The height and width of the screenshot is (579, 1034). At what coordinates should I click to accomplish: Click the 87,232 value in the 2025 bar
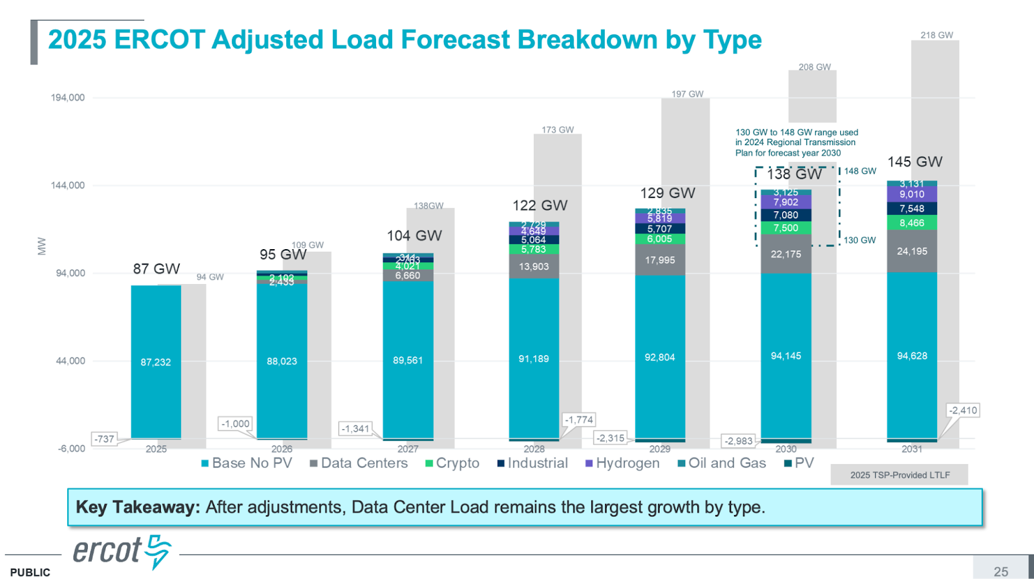156,362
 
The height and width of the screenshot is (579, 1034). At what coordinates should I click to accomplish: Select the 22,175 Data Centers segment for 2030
786,254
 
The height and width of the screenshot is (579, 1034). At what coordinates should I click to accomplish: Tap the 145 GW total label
914,162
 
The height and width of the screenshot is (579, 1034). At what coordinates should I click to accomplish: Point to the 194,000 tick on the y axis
68,97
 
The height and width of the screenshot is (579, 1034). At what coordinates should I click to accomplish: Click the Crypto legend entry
452,463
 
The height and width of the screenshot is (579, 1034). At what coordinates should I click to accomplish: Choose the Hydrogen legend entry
622,463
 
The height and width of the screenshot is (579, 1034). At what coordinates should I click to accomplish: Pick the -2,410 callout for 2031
963,411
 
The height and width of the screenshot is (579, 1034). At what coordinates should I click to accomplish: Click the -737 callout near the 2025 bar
104,439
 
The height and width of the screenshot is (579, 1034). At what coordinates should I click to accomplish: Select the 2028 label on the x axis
534,449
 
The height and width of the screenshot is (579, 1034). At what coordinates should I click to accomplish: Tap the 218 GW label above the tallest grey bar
936,36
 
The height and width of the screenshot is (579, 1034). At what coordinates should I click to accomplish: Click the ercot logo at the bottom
121,551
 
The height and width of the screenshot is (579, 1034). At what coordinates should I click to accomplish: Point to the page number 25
1001,571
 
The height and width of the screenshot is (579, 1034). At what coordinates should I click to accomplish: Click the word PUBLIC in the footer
30,573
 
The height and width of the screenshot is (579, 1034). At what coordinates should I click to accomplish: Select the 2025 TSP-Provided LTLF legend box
900,475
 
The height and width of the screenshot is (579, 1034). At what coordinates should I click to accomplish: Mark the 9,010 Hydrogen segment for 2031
912,194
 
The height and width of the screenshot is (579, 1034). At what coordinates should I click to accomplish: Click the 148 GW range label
860,171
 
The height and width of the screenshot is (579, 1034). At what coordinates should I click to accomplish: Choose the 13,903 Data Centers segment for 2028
534,267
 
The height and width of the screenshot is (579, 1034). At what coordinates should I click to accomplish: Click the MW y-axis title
42,246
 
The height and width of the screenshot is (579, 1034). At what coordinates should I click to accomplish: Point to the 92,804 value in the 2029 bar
660,358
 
